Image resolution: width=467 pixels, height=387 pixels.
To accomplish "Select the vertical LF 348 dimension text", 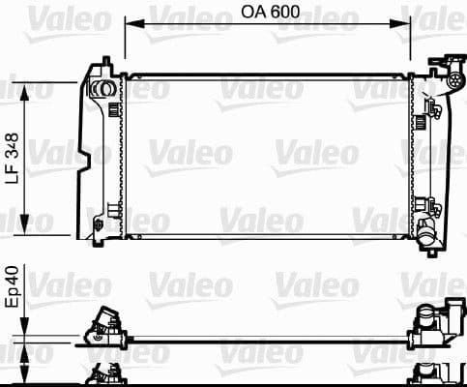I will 11,159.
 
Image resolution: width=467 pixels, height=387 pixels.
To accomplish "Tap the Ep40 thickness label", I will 11,288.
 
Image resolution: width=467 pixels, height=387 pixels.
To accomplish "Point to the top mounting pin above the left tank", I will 100,65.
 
